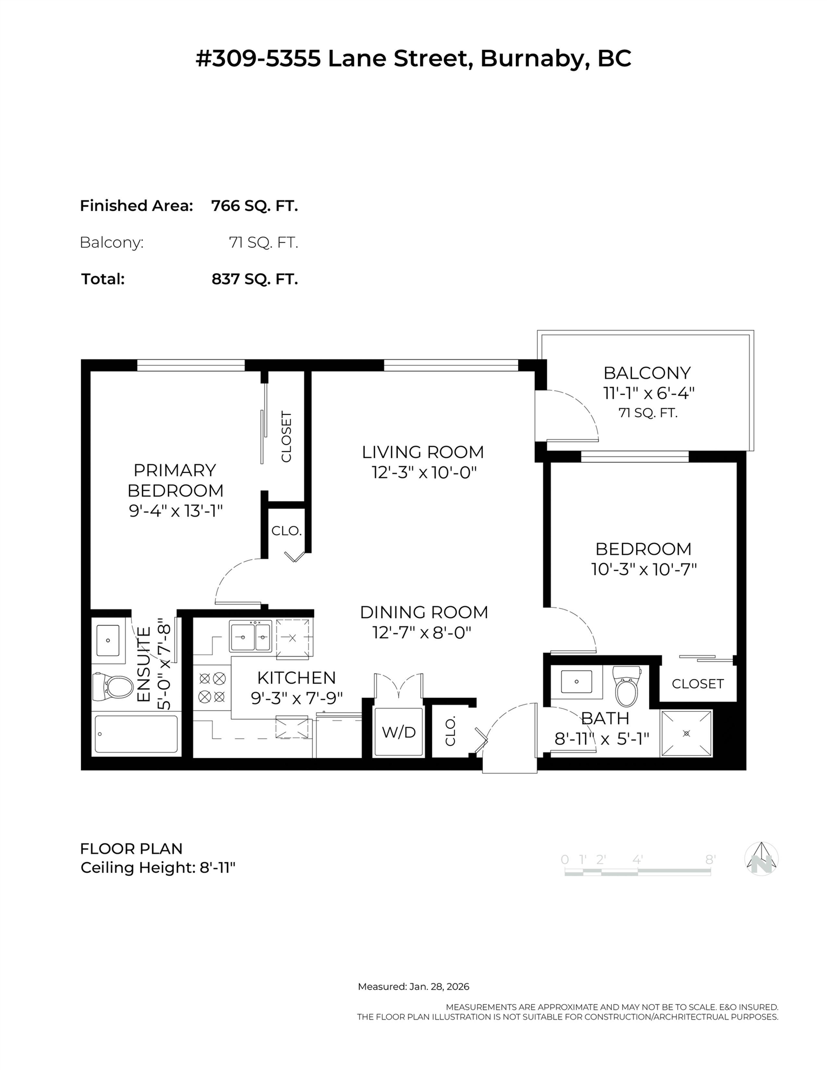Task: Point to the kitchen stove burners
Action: [x=212, y=687]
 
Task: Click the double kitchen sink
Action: [x=250, y=636]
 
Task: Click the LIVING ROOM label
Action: [x=423, y=452]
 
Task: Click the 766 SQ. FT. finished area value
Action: [x=254, y=206]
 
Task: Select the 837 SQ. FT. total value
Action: [x=254, y=279]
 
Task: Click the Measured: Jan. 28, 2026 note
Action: [x=413, y=986]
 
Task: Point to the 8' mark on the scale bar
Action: [x=710, y=859]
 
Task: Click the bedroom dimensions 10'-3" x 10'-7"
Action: [x=644, y=569]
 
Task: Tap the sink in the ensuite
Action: [x=108, y=640]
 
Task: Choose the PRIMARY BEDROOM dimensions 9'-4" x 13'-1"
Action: [x=176, y=511]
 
